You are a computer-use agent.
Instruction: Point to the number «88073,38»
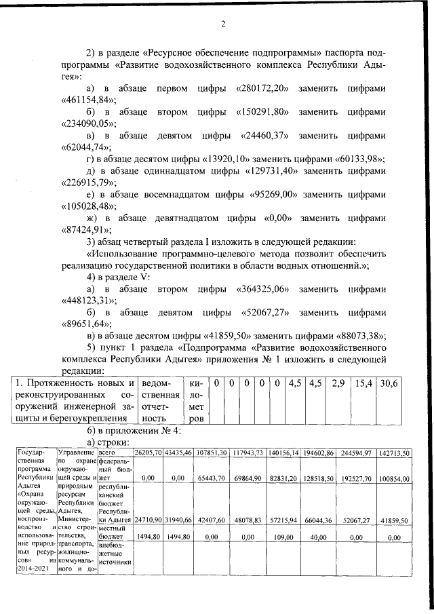pyautogui.click(x=360, y=335)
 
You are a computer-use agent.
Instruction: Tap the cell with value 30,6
pyautogui.click(x=389, y=383)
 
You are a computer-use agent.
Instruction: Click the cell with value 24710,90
pyautogui.click(x=149, y=520)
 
